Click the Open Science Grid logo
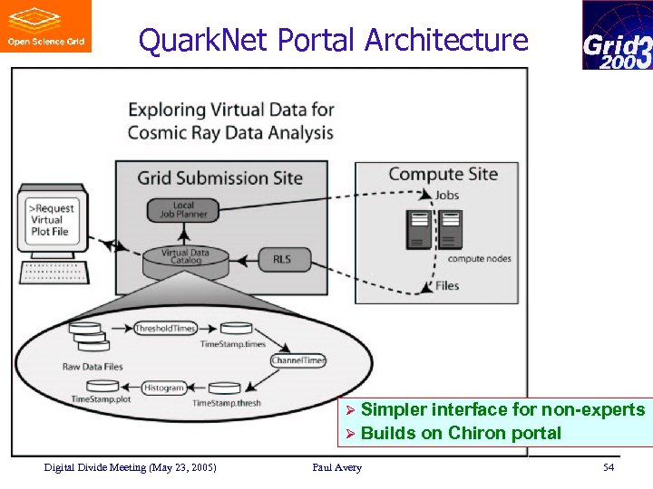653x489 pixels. [x=45, y=26]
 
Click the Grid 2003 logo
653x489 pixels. [x=617, y=35]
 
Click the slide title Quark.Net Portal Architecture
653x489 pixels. [x=333, y=40]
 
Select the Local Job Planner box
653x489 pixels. [x=184, y=209]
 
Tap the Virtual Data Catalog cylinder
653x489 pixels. [x=188, y=262]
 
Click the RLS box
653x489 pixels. [x=282, y=259]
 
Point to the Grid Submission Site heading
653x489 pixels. [x=219, y=177]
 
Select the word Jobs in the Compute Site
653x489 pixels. [x=446, y=195]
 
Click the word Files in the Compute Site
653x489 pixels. [x=447, y=285]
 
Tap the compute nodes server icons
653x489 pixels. [x=432, y=228]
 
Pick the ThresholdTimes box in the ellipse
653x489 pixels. [x=164, y=328]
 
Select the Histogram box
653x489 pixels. [x=163, y=388]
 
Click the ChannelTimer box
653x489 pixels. [x=298, y=360]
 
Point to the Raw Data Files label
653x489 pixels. [x=93, y=367]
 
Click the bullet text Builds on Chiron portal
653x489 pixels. [x=461, y=433]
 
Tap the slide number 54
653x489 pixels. [x=608, y=467]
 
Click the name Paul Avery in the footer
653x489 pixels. [x=336, y=467]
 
